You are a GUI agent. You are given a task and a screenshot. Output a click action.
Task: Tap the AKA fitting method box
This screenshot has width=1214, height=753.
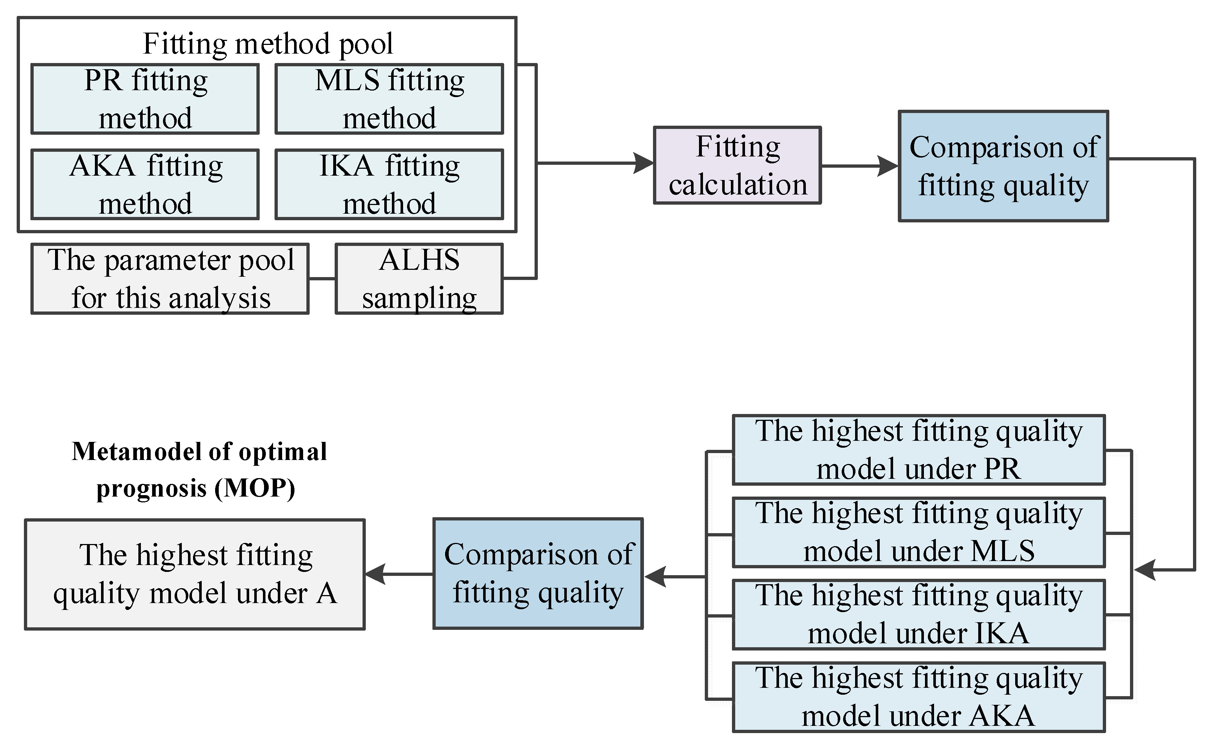point(145,184)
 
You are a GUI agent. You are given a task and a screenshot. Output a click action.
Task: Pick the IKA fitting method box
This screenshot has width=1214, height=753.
point(389,184)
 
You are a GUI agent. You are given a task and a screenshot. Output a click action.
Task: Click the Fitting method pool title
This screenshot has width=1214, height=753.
point(268,43)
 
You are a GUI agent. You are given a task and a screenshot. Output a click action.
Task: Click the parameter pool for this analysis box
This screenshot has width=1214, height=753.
point(170,279)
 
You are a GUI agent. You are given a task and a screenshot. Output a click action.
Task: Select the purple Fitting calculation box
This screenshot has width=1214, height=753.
point(737,165)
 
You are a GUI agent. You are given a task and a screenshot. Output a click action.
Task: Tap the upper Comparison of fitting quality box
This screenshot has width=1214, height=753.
point(1003,166)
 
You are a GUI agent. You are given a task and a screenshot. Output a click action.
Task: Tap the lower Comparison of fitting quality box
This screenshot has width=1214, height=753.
point(538,573)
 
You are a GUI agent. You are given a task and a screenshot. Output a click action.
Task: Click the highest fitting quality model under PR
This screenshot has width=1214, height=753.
point(919,450)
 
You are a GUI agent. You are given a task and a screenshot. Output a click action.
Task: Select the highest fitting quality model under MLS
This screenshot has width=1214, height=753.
point(919,532)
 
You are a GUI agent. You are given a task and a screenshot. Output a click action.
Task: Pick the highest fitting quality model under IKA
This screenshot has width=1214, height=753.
point(919,615)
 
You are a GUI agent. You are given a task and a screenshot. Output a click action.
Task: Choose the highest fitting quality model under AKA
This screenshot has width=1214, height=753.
point(919,697)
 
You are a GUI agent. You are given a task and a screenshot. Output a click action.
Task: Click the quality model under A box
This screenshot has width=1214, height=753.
point(195,574)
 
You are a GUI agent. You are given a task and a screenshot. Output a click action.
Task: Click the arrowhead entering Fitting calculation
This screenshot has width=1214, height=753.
point(643,163)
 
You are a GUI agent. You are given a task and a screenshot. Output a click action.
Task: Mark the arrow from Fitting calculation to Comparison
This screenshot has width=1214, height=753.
point(859,166)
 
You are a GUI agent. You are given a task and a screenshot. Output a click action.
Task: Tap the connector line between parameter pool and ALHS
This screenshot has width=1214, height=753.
point(322,279)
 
